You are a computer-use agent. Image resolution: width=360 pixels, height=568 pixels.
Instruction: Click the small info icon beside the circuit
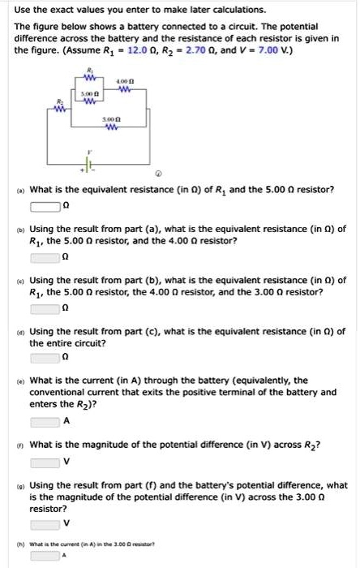[x=159, y=174]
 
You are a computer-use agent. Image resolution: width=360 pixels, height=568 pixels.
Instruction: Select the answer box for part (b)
[x=46, y=257]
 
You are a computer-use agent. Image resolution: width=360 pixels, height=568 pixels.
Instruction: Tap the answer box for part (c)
[x=46, y=308]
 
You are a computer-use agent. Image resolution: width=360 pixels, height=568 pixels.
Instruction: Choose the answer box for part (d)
[x=46, y=357]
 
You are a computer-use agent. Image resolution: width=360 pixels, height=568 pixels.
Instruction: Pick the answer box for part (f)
[x=46, y=463]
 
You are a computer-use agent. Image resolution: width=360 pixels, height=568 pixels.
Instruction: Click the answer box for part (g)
[x=46, y=523]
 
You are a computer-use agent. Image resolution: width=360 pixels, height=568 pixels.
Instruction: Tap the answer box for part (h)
[x=46, y=556]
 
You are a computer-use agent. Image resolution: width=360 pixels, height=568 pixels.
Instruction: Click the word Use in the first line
[x=24, y=10]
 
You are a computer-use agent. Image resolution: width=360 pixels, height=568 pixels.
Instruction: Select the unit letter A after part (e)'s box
[x=66, y=421]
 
